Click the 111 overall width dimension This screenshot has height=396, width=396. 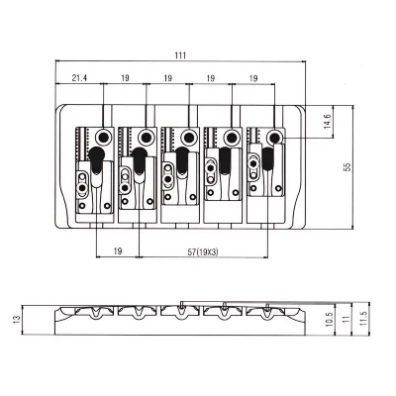click(180, 55)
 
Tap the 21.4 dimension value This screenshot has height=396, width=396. click(79, 78)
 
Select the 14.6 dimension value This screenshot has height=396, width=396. click(327, 122)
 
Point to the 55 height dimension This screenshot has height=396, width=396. click(346, 167)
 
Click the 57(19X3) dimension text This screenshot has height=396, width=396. click(203, 252)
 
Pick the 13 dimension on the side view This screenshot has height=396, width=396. click(17, 319)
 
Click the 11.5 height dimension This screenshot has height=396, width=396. click(363, 319)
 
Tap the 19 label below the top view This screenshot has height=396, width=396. click(118, 251)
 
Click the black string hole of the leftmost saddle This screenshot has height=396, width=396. click(104, 136)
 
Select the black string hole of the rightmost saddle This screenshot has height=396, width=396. click(274, 137)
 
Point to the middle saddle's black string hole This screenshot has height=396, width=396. click(189, 137)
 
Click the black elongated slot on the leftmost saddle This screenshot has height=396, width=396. click(96, 160)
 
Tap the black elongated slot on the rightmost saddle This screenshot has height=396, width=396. click(267, 158)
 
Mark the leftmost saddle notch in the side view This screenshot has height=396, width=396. click(97, 312)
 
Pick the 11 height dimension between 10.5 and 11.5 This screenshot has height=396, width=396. click(346, 319)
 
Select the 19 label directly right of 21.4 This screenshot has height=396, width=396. click(125, 78)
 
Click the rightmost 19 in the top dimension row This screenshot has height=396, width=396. click(253, 78)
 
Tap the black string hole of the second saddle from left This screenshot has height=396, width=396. click(147, 137)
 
